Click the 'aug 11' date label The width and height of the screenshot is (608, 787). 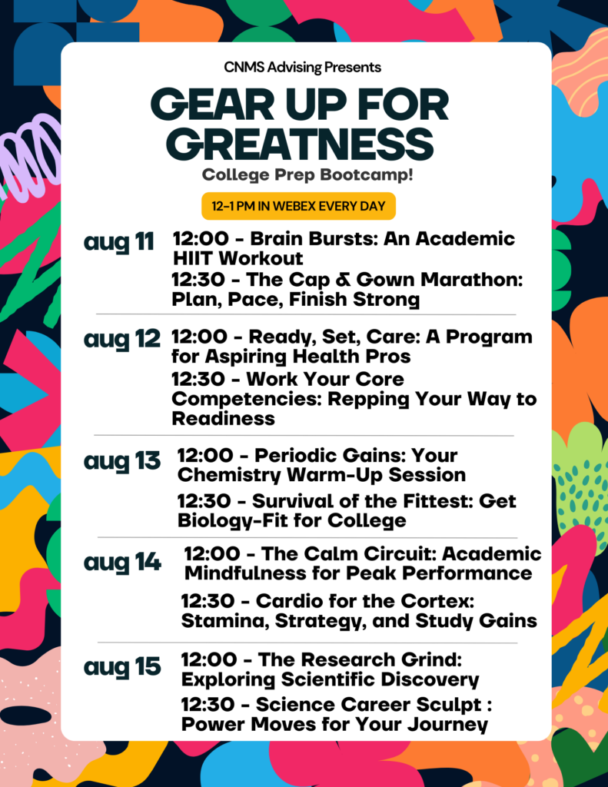coord(118,242)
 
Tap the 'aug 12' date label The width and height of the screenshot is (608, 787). coord(122,339)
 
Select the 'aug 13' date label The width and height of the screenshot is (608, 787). coord(122,461)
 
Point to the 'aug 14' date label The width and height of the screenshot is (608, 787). coord(122,562)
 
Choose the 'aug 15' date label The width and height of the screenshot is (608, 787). coord(122,667)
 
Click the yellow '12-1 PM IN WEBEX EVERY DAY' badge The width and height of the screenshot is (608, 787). coord(299,206)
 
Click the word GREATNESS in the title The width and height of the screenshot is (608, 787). coord(300,144)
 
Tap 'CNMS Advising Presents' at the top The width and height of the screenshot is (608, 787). coord(303,68)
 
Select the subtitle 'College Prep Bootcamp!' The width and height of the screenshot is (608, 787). coord(307,174)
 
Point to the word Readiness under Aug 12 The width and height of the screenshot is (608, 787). coord(224,419)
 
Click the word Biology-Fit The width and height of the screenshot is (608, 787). coord(232,521)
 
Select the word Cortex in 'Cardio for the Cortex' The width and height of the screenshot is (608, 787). coord(440,601)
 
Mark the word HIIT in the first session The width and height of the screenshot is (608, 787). coord(192,258)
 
